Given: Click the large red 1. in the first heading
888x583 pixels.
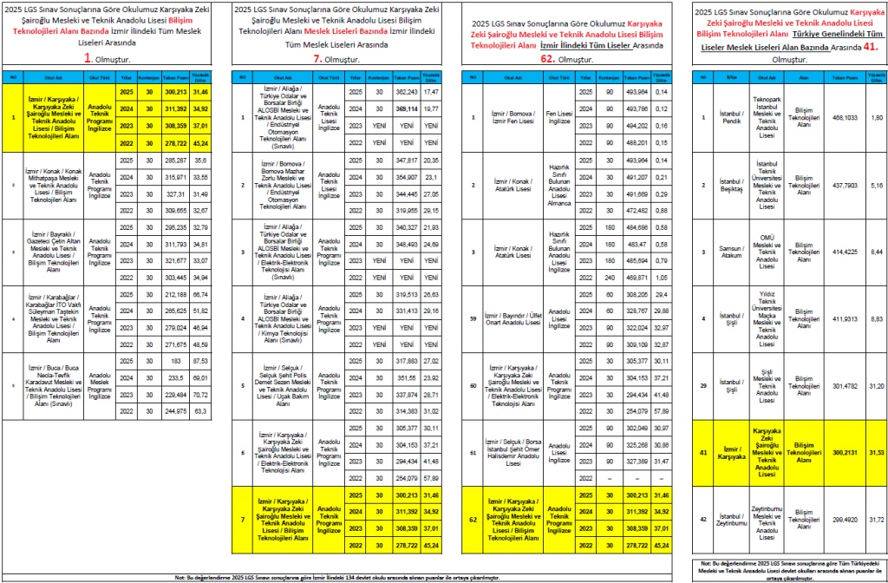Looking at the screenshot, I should point(88,57).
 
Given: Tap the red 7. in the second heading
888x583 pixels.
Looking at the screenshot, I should point(317,57).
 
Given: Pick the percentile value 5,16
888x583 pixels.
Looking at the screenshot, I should point(876,186).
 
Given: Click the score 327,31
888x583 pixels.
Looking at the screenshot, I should point(176,195).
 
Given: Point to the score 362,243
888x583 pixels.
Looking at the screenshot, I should point(407,91).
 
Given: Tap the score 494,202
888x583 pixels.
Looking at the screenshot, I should point(637,127).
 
